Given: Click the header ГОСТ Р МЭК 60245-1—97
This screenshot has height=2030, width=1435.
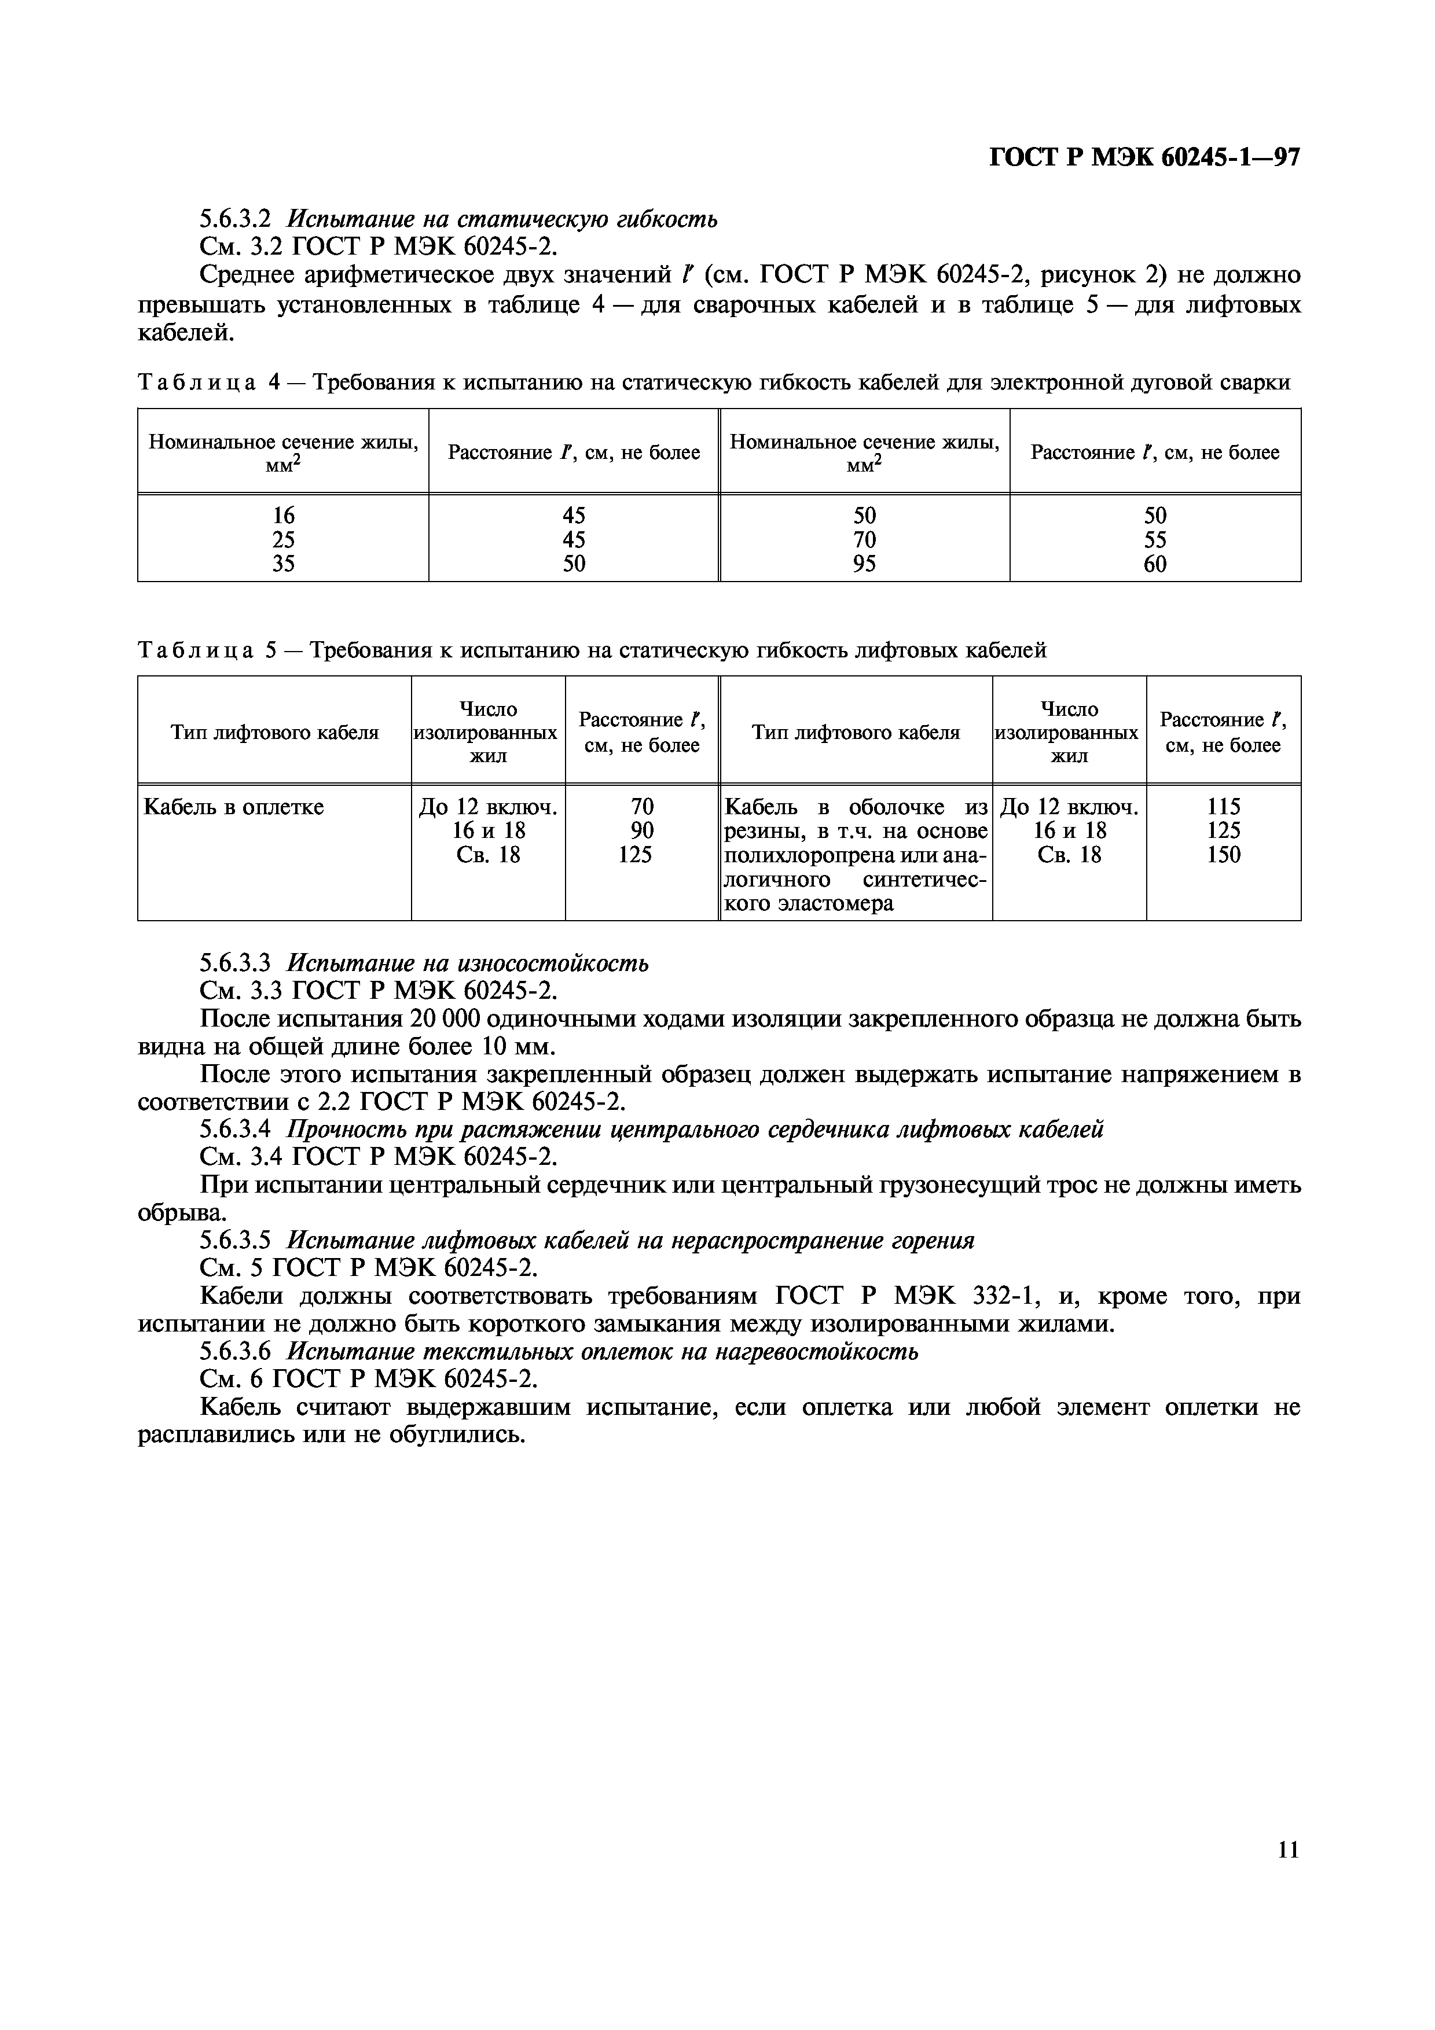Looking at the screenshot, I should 1143,157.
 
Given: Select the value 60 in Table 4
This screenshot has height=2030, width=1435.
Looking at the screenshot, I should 1155,564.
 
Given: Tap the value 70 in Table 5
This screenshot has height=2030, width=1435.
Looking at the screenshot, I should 642,806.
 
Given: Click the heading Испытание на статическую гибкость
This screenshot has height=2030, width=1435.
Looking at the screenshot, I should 503,218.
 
